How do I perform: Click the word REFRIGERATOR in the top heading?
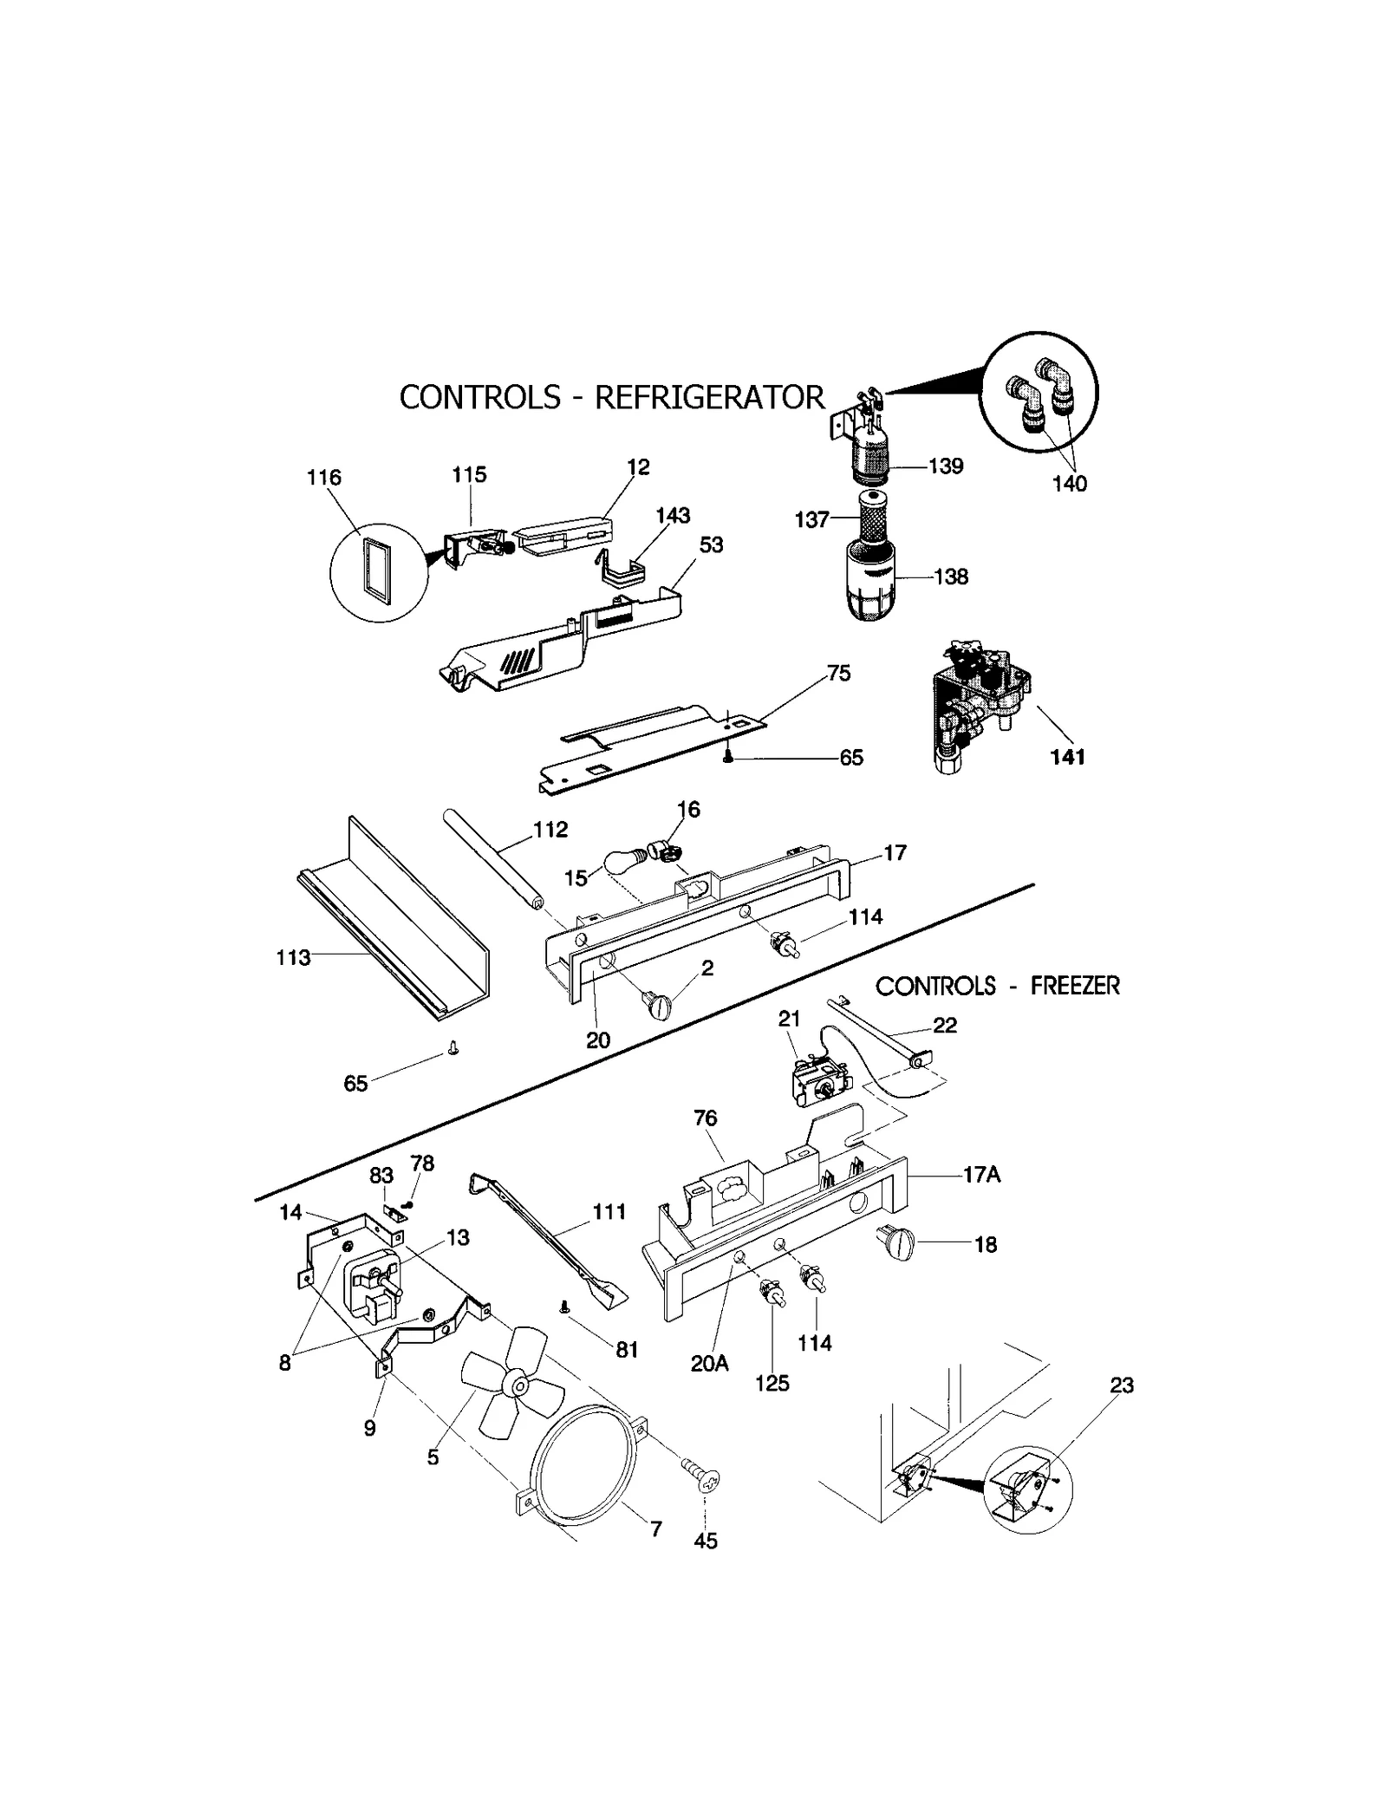click(709, 397)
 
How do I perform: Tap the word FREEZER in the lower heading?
click(1075, 986)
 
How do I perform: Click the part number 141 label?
click(1067, 757)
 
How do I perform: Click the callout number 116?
click(324, 478)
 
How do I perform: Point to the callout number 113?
click(293, 958)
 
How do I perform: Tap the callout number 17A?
click(981, 1175)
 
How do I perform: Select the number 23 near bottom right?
click(1122, 1385)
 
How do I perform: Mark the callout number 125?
click(772, 1384)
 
